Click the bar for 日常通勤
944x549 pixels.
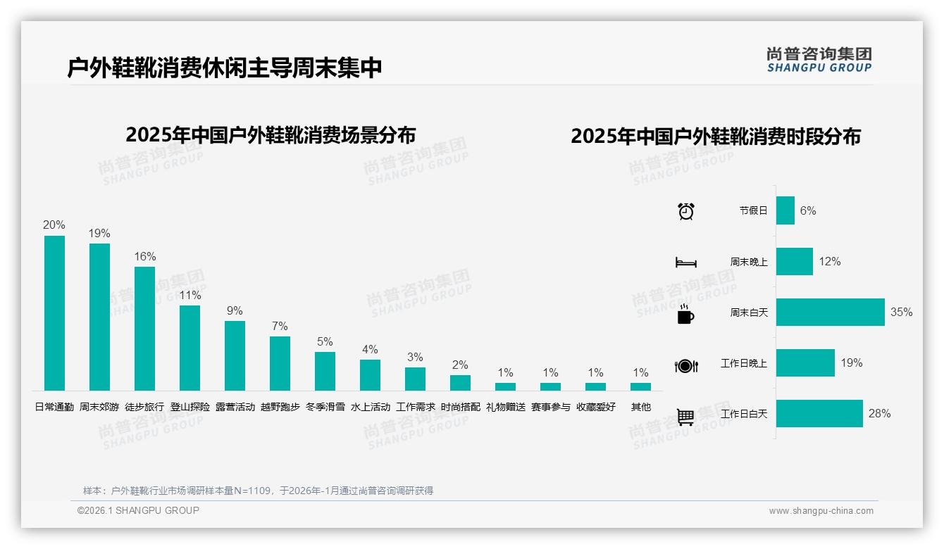coord(54,313)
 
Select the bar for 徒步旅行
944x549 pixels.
coord(144,329)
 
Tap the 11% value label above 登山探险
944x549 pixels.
coord(190,296)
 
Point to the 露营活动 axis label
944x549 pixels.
coord(235,407)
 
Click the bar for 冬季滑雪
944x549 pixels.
coord(325,371)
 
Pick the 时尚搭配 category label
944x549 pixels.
coord(460,407)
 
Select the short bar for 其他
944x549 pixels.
coord(640,386)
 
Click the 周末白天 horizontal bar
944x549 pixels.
coord(830,313)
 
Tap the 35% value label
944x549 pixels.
coord(901,313)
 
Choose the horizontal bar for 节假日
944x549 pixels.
coord(785,210)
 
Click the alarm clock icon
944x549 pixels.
coord(685,211)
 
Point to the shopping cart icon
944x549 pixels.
coord(685,417)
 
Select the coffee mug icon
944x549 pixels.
coord(685,314)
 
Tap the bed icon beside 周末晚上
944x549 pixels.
coord(685,263)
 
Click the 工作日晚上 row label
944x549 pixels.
coord(743,364)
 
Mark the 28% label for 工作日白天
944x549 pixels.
coord(879,414)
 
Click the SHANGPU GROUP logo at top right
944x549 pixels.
coord(819,60)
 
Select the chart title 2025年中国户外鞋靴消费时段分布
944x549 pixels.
coord(716,137)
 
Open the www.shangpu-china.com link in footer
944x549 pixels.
coord(821,511)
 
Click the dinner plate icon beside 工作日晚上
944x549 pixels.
coord(685,365)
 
